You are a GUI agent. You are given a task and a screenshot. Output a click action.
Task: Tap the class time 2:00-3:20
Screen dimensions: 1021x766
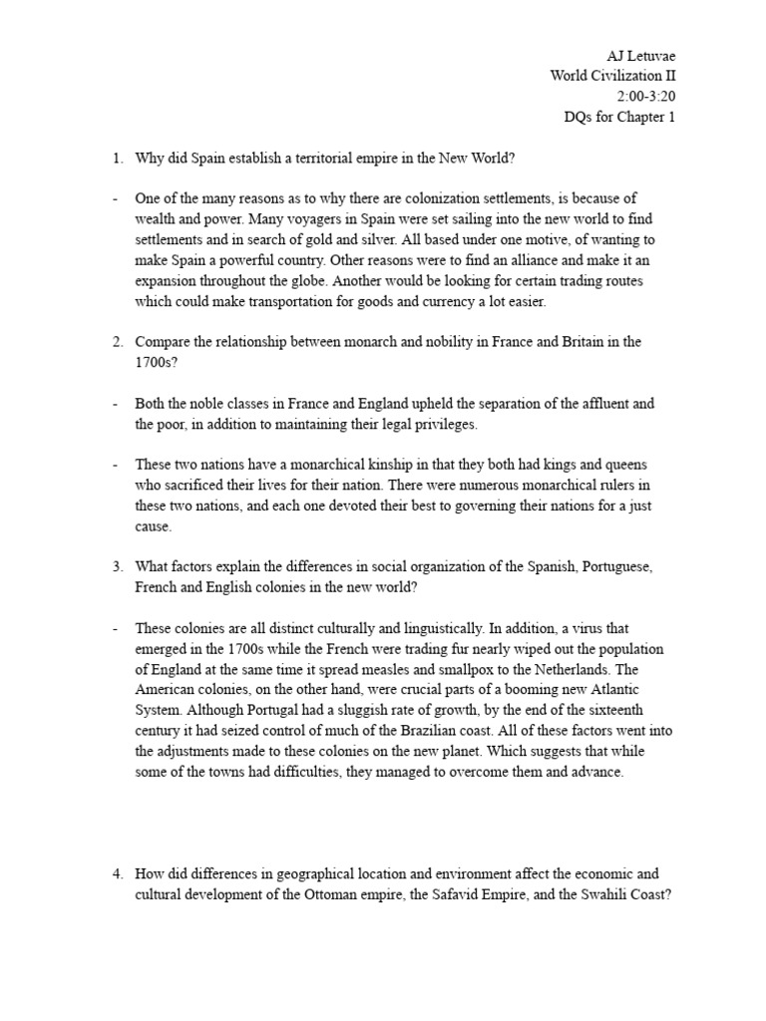click(646, 96)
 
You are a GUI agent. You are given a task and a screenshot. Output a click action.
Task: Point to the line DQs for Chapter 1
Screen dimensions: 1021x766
click(620, 118)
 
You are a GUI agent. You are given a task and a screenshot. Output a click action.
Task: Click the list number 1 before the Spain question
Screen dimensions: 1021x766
click(116, 158)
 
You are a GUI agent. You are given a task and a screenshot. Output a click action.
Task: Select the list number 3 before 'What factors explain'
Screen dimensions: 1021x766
click(116, 566)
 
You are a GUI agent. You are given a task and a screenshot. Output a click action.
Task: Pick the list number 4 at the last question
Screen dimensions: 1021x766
click(116, 873)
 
